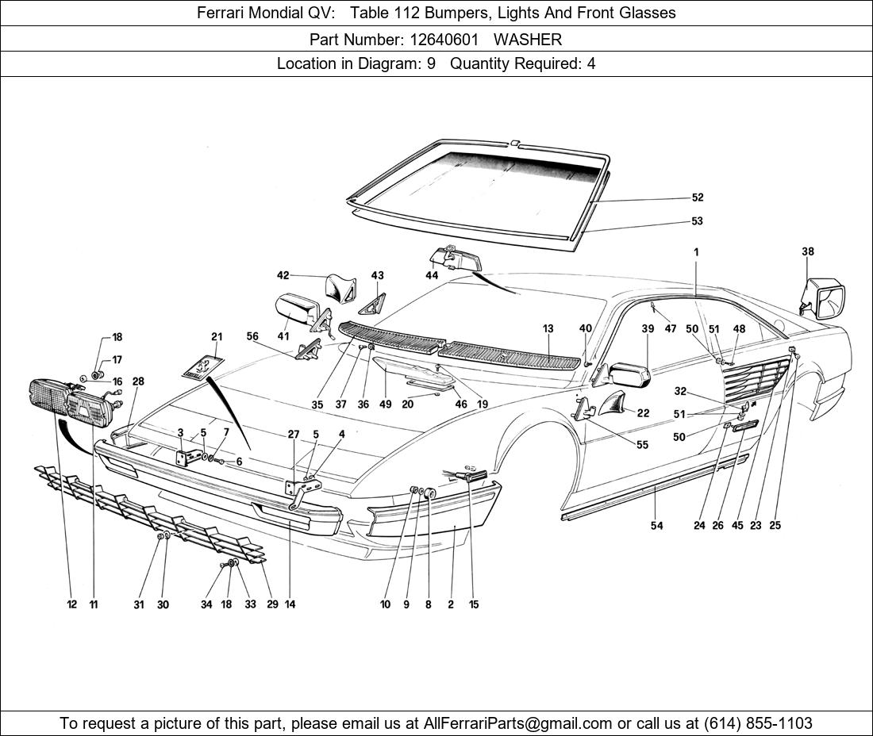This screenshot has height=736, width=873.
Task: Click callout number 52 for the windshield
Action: (x=697, y=197)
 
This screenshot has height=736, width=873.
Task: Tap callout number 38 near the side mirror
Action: (x=807, y=252)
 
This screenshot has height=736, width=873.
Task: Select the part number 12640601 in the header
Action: (x=444, y=39)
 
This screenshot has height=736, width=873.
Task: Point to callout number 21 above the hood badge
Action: (x=217, y=337)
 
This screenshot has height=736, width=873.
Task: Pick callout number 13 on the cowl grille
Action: (x=548, y=328)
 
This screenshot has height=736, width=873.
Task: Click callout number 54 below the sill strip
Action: (x=656, y=526)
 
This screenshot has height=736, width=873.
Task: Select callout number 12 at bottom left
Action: (x=72, y=604)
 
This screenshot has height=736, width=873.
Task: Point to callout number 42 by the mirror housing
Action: (x=283, y=275)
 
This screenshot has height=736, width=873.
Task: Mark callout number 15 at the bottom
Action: (x=473, y=604)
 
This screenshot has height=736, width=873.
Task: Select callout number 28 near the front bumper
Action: (x=138, y=381)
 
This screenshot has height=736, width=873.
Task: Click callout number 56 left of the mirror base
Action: (x=252, y=336)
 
